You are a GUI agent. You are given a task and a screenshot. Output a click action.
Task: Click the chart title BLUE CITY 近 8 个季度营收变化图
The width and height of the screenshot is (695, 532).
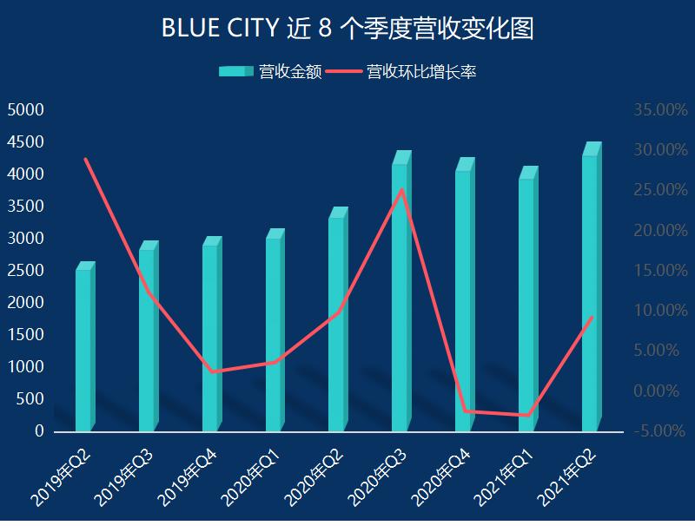347,29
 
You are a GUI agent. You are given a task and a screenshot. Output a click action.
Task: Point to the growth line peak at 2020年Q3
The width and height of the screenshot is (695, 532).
400,190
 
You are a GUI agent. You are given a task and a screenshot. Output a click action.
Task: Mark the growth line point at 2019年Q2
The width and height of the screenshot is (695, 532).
85,159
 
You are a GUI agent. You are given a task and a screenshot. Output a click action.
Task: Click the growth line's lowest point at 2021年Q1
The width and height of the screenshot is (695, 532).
527,415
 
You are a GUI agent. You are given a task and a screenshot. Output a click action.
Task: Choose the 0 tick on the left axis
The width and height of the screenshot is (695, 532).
38,430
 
